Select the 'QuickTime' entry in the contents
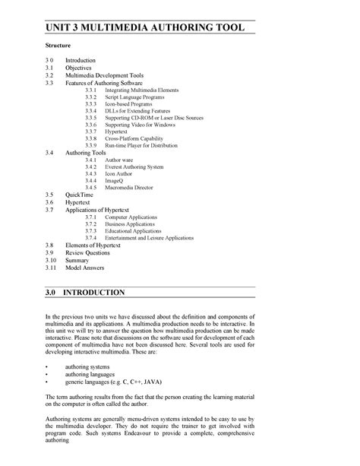79,195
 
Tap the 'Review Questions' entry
87,252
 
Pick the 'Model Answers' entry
84,268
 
